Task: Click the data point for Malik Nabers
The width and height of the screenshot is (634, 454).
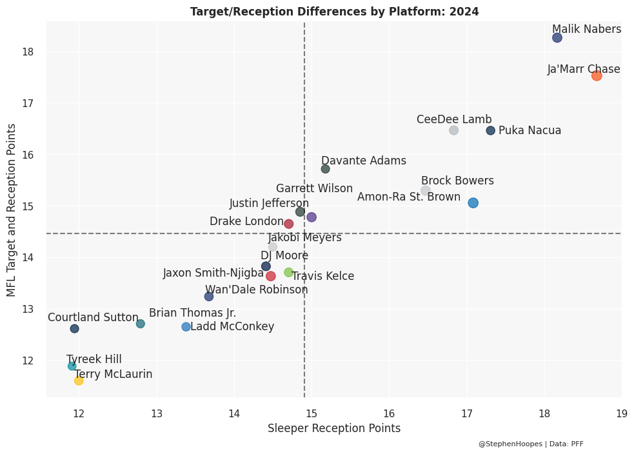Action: (x=557, y=38)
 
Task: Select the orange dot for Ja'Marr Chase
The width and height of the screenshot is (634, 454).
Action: (x=597, y=75)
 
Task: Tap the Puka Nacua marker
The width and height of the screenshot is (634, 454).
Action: (x=491, y=130)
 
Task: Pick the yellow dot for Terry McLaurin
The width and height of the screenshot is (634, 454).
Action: (x=79, y=380)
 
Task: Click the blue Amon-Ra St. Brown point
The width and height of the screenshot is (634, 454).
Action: (x=473, y=203)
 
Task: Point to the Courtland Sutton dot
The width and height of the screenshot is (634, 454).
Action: (x=75, y=329)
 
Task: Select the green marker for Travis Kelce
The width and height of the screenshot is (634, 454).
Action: (x=288, y=272)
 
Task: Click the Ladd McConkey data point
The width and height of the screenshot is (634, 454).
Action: (x=186, y=327)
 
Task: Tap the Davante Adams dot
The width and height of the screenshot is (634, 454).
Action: (x=325, y=169)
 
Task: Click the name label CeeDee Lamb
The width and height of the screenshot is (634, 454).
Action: (x=454, y=119)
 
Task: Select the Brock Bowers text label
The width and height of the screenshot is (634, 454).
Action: (x=457, y=181)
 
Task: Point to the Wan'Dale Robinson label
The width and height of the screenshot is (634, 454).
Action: (x=256, y=290)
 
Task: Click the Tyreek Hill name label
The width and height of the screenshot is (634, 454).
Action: (x=94, y=359)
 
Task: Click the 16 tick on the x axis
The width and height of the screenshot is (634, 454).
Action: (x=389, y=413)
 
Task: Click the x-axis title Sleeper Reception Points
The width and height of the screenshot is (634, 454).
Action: (x=333, y=428)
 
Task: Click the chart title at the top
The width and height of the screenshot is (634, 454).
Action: (x=334, y=12)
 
